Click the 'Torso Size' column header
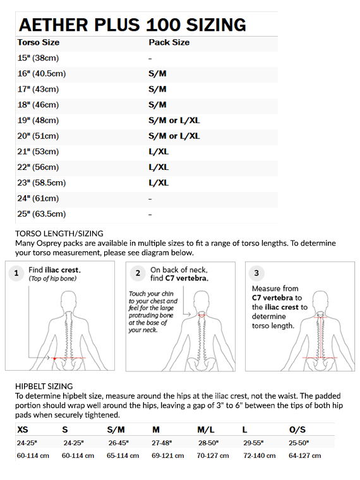[x=39, y=42]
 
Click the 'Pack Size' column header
[x=169, y=42]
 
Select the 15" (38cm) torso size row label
[x=38, y=58]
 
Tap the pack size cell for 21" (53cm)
[x=159, y=152]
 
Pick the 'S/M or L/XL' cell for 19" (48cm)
[x=174, y=120]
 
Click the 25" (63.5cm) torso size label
[x=41, y=214]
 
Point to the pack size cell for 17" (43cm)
[x=157, y=89]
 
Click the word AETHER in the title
[x=54, y=25]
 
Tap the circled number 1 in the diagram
[x=16, y=273]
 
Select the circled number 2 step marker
[x=138, y=273]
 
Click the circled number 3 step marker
[x=256, y=273]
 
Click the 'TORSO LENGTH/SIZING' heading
[x=59, y=234]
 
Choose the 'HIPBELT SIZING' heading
[x=44, y=387]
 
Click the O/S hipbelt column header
[x=297, y=430]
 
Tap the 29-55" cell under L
[x=253, y=443]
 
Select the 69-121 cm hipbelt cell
[x=168, y=455]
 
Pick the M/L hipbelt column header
[x=206, y=430]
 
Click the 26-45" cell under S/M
[x=119, y=443]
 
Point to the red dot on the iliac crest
[x=54, y=358]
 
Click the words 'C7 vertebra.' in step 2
[x=187, y=279]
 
